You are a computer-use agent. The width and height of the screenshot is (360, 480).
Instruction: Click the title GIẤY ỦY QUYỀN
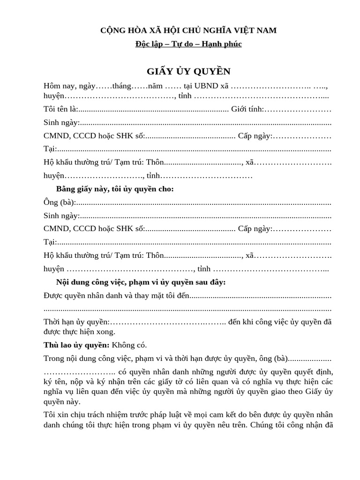(188, 71)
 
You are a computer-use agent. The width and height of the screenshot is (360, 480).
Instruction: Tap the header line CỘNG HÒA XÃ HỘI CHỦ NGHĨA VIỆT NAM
(188, 30)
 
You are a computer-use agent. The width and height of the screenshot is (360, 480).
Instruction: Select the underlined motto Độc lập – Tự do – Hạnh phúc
(188, 44)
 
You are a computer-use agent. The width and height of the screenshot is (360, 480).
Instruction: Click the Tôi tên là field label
(60, 109)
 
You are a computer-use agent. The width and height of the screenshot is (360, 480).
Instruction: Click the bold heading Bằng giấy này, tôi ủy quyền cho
(115, 189)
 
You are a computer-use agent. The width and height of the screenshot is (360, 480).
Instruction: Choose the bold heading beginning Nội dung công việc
(141, 282)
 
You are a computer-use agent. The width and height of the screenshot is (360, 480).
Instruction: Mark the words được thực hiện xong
(79, 332)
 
